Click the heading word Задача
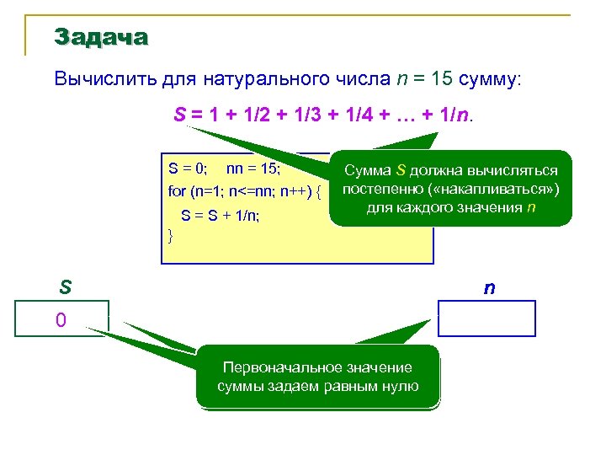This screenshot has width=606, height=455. (x=101, y=37)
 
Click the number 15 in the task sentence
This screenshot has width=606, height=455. (x=443, y=79)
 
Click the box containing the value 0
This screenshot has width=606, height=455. (x=61, y=319)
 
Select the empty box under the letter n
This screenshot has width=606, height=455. (x=486, y=318)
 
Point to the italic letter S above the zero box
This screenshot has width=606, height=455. (x=64, y=287)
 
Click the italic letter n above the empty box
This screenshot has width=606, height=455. (x=488, y=287)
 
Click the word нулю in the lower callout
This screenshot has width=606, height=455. (x=401, y=386)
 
